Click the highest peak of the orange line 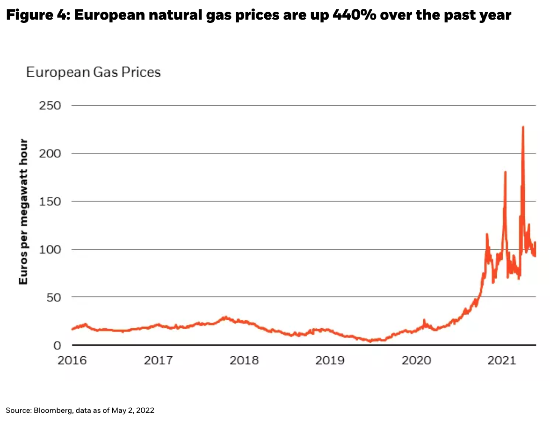click(523, 127)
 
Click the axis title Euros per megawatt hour click(23, 211)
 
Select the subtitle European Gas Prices click(93, 72)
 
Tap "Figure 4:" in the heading click(36, 15)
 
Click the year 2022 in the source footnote click(145, 410)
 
